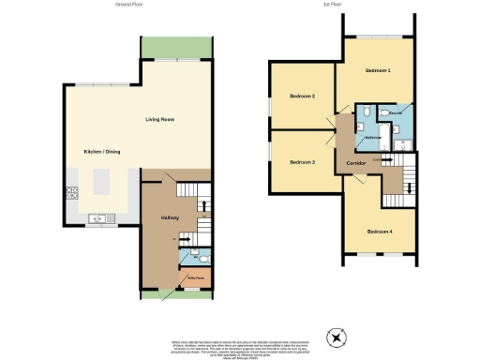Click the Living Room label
pyautogui.click(x=159, y=120)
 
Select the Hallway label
pyautogui.click(x=170, y=217)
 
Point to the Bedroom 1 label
pyautogui.click(x=378, y=72)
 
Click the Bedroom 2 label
pyautogui.click(x=302, y=97)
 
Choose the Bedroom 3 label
pyautogui.click(x=302, y=162)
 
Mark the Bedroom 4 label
pyautogui.click(x=378, y=232)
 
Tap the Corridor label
pyautogui.click(x=356, y=163)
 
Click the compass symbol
pyautogui.click(x=337, y=337)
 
